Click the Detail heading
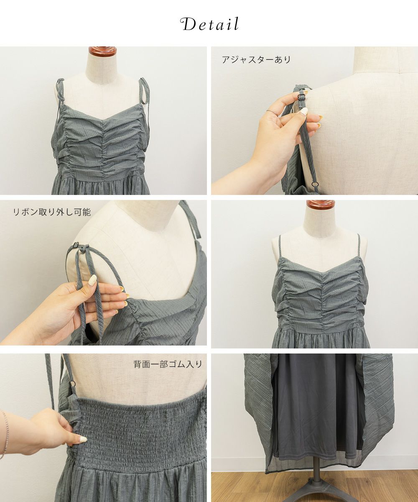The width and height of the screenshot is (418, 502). [210, 24]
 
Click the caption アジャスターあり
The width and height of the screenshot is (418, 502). [256, 59]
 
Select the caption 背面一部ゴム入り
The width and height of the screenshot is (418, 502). [168, 364]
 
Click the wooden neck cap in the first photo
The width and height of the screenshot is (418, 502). [102, 51]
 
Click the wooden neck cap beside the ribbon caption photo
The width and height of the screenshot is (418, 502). [321, 205]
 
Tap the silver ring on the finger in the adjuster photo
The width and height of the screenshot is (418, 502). [272, 112]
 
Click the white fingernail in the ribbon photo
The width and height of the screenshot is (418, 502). [92, 280]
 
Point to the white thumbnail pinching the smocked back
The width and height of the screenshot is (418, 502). [83, 439]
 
